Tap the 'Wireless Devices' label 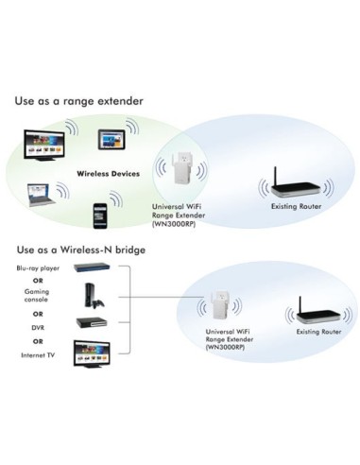coord(109,174)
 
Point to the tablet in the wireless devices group coord(114,141)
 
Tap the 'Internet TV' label coord(37,354)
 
